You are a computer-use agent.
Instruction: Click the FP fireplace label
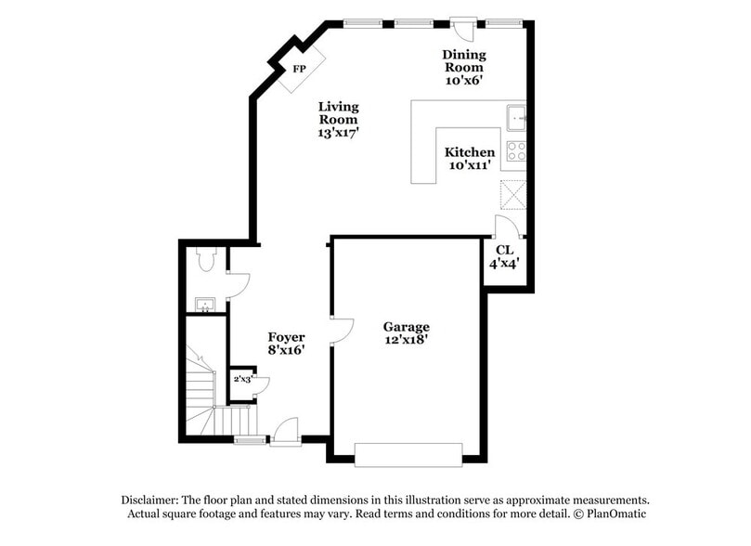(x=299, y=70)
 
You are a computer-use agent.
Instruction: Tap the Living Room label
(x=338, y=113)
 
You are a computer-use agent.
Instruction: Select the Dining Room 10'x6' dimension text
(x=463, y=81)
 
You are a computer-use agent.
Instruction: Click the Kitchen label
(x=469, y=152)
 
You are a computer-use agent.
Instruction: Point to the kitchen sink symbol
(x=517, y=118)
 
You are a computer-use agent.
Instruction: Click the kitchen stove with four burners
(x=516, y=150)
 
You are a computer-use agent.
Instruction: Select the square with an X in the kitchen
(x=513, y=194)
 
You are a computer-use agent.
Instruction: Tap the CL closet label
(x=504, y=250)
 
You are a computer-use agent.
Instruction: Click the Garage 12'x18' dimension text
(x=407, y=340)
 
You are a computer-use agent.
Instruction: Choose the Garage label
(x=407, y=327)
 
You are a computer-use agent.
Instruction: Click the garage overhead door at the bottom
(x=408, y=454)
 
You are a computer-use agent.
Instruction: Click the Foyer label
(x=287, y=336)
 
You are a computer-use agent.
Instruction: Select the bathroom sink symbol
(x=205, y=304)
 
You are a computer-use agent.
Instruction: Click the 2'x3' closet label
(x=241, y=379)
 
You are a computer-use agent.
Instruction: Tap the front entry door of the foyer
(x=285, y=432)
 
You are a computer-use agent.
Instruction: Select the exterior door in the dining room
(x=463, y=28)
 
